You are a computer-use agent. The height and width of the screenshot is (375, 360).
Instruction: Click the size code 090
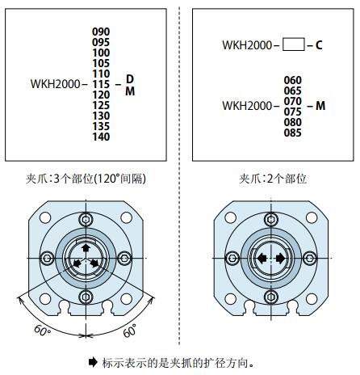coord(101,32)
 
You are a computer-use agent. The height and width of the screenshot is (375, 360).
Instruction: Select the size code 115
coord(101,84)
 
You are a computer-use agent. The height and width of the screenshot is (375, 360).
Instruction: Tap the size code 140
coord(101,137)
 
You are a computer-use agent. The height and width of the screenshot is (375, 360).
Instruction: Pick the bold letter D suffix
coord(130,79)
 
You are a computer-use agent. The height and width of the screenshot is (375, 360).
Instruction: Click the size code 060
coord(293,80)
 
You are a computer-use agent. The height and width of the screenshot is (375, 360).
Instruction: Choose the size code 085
coord(293,133)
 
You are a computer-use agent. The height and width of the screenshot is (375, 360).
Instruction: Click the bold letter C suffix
coord(319,45)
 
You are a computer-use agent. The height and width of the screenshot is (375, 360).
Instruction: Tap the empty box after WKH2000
coord(294,44)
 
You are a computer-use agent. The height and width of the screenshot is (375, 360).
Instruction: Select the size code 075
coord(293,112)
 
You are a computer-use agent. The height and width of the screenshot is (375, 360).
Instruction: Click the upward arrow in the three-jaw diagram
coord(86,247)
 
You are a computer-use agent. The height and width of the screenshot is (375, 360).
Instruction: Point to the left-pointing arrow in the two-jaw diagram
coord(262,259)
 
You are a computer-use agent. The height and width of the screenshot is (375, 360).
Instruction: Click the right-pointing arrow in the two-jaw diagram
coord(280,259)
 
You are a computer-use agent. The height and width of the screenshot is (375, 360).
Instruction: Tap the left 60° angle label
coord(42,331)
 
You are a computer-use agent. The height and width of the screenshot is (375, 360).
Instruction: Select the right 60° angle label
coord(130,331)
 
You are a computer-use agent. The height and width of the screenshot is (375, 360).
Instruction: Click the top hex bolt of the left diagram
coord(86,220)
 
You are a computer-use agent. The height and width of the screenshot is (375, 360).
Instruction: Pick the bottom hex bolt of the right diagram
coord(271,297)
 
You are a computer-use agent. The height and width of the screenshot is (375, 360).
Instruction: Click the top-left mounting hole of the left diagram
coord(45,217)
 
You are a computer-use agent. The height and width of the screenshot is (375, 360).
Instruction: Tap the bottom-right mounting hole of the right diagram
coord(312,299)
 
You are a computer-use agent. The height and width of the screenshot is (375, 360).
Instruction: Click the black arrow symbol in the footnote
coord(93,362)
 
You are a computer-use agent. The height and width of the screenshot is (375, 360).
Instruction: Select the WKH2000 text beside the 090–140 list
coord(55,84)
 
